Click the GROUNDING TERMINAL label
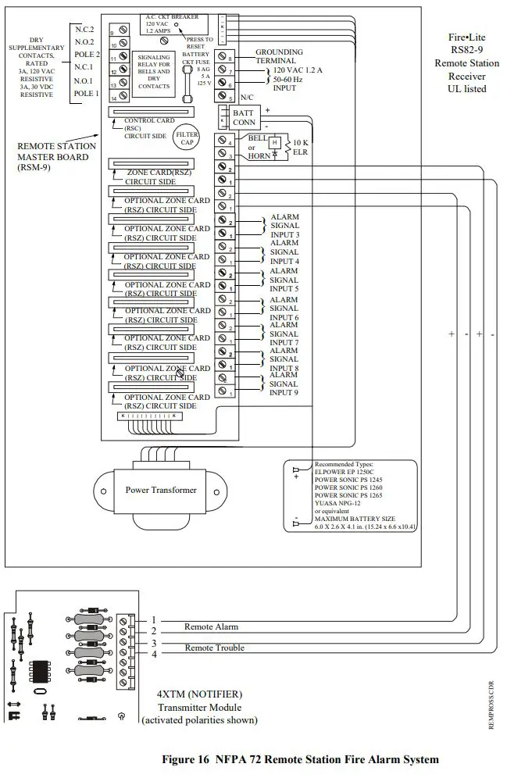(x=276, y=56)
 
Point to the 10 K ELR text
(x=301, y=147)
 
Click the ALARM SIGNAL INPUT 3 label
(x=284, y=226)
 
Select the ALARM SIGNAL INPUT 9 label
(x=284, y=384)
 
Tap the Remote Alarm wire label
(x=211, y=626)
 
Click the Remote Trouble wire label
(x=214, y=648)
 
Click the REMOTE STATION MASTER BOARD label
(x=57, y=155)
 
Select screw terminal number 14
(x=124, y=98)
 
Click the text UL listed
(x=467, y=88)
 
